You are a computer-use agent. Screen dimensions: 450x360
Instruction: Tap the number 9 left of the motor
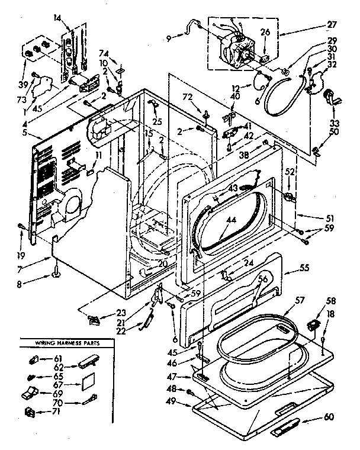click(170, 40)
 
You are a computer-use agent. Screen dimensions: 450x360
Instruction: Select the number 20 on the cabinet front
click(163, 264)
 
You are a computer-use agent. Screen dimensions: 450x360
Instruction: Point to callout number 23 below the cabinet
click(122, 313)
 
